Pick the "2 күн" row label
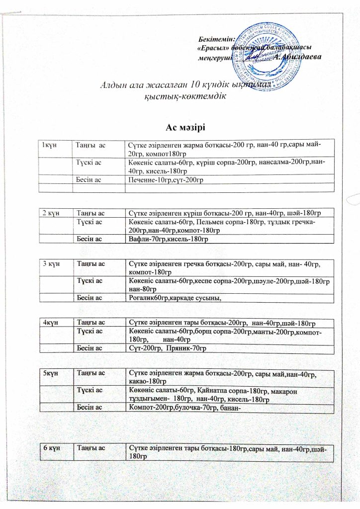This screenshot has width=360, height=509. click(51, 213)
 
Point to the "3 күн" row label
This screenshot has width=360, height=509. click(51, 262)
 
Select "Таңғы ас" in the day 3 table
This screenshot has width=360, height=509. click(90, 262)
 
